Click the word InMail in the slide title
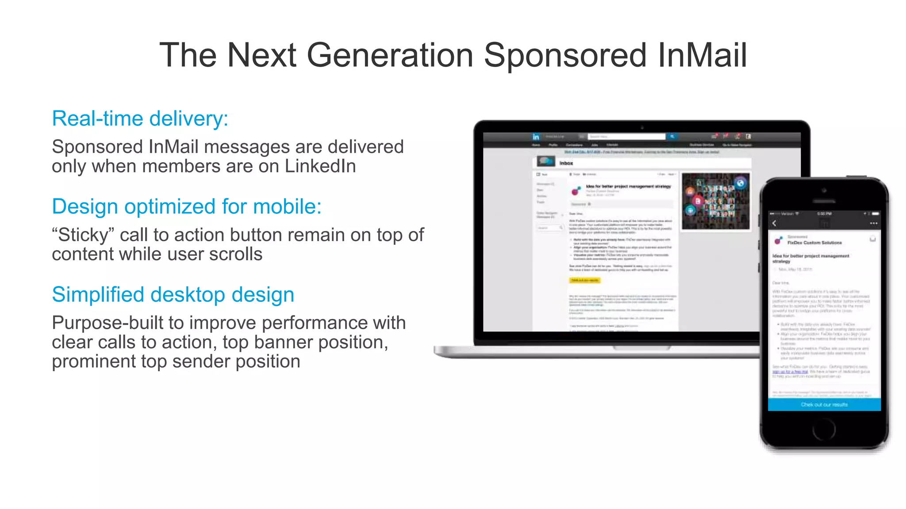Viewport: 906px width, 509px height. pyautogui.click(x=702, y=55)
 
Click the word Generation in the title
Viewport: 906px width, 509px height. pyautogui.click(x=390, y=55)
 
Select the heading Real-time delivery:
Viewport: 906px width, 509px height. pyautogui.click(x=140, y=118)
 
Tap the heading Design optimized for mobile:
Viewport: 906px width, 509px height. pyautogui.click(x=186, y=206)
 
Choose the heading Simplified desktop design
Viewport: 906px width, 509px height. pyautogui.click(x=173, y=294)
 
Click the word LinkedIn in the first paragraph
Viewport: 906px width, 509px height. pyautogui.click(x=320, y=167)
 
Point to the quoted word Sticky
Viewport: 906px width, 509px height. pyautogui.click(x=83, y=235)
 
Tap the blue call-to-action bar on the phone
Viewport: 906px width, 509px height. pyautogui.click(x=824, y=404)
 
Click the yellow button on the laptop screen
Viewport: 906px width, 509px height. pyautogui.click(x=584, y=280)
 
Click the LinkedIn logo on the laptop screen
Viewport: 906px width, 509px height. pyautogui.click(x=536, y=137)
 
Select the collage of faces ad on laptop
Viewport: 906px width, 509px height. pyautogui.click(x=715, y=201)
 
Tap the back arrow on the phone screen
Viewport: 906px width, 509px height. pyautogui.click(x=774, y=223)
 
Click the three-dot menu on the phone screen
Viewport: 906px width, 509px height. pyautogui.click(x=873, y=223)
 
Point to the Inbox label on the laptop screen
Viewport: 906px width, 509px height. pyautogui.click(x=566, y=163)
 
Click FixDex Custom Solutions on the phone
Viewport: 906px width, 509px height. pyautogui.click(x=814, y=243)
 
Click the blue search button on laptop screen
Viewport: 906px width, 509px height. pyautogui.click(x=672, y=137)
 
